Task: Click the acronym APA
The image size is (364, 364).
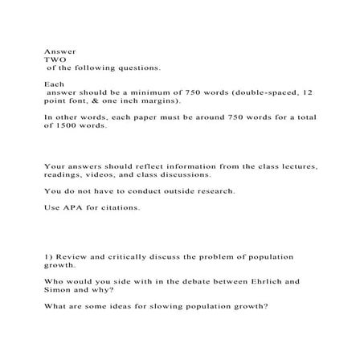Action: click(71, 208)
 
